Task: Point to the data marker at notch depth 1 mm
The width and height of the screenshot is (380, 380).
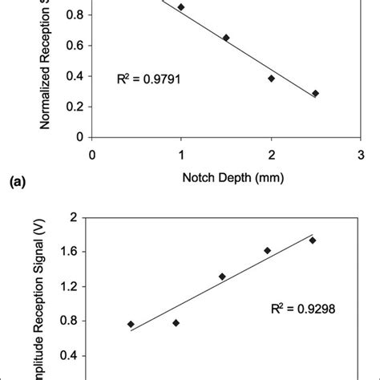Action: click(x=181, y=6)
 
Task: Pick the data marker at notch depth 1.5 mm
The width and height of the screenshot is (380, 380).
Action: click(x=226, y=38)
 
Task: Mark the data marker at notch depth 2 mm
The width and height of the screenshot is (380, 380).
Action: click(x=272, y=78)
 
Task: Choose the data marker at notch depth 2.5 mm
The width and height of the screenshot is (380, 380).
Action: click(x=316, y=93)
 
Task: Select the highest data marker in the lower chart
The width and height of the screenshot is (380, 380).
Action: click(x=313, y=240)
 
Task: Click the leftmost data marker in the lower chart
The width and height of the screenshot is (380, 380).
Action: click(x=131, y=324)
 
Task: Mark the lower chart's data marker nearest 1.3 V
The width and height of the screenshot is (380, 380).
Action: click(x=222, y=277)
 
